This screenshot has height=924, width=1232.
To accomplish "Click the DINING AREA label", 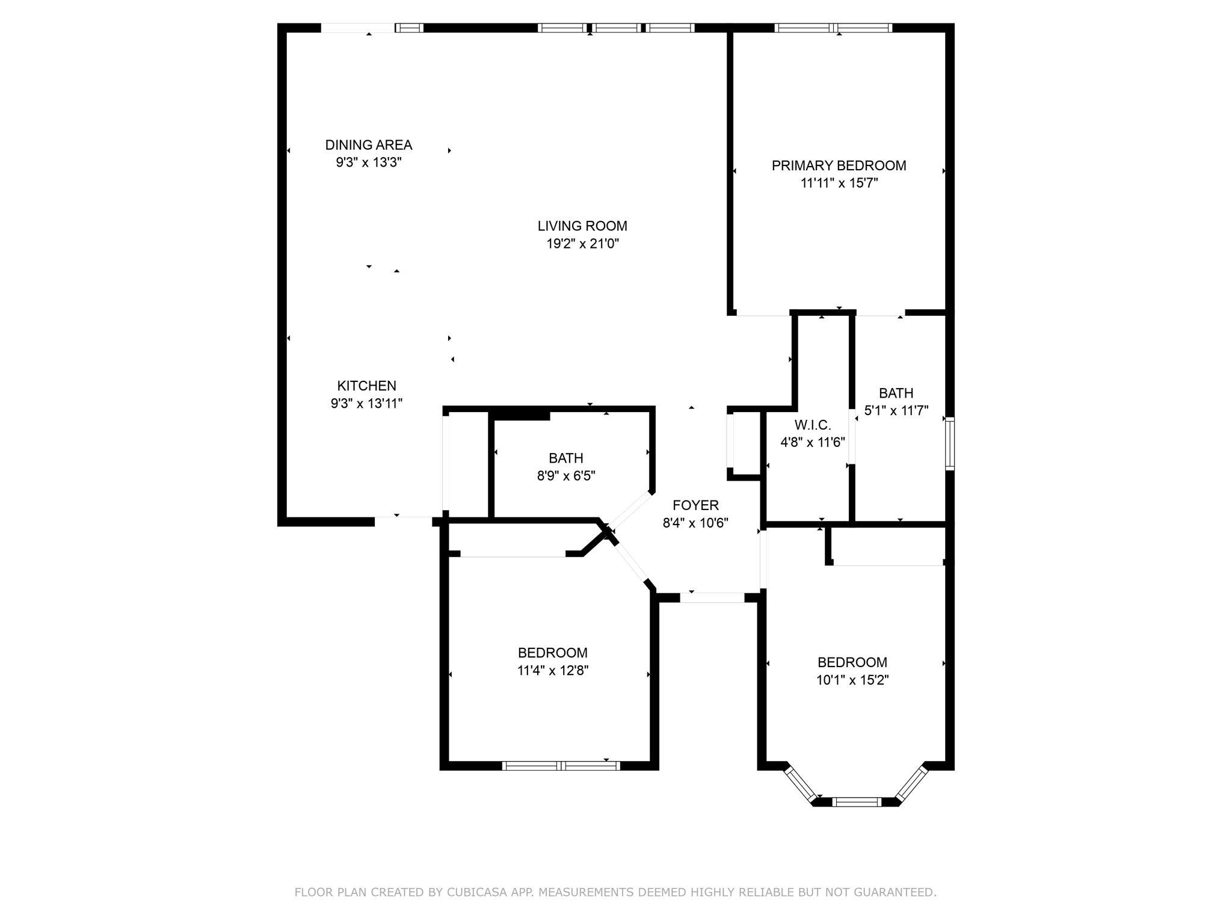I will click(x=368, y=145).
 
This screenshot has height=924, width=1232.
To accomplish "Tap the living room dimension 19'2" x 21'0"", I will click(x=579, y=244).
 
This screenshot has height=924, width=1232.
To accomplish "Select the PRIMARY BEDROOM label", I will click(x=839, y=165).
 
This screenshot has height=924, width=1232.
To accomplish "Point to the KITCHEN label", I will click(x=366, y=386).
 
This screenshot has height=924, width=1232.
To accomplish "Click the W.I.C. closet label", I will click(x=813, y=425).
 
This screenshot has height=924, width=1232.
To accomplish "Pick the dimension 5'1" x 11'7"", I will click(x=896, y=411).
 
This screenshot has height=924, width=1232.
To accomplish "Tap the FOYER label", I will click(x=695, y=505).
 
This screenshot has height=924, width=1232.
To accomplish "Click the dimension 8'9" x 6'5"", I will click(x=565, y=476).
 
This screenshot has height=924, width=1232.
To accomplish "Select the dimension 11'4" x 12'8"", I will click(x=552, y=671).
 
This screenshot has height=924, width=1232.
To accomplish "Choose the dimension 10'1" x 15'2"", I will click(x=852, y=680).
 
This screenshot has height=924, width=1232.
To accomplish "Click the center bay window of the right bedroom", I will click(x=856, y=801).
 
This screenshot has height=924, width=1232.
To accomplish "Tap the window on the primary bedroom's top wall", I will click(x=833, y=28).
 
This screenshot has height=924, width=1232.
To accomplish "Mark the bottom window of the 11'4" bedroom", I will click(x=561, y=766).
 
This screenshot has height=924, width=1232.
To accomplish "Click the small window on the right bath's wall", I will click(x=949, y=443).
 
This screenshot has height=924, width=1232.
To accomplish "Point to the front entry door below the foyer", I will click(x=712, y=597).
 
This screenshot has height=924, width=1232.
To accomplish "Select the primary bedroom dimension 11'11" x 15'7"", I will click(x=839, y=183).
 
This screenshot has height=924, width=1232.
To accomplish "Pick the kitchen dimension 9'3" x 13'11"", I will click(x=366, y=404).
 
